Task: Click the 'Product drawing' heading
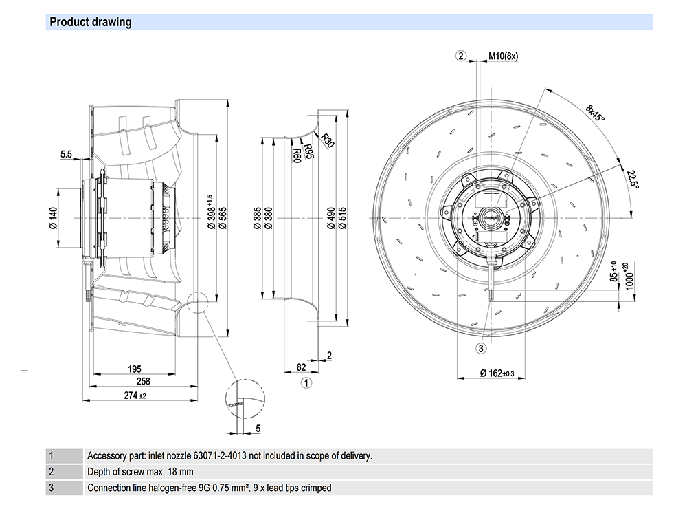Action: tap(91, 22)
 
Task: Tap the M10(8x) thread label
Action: tap(503, 56)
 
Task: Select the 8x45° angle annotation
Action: tap(595, 113)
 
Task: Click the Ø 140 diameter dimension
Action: tap(53, 217)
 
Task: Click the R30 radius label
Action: tap(327, 140)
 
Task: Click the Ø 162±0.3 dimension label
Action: tap(497, 373)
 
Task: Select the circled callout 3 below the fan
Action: tap(482, 349)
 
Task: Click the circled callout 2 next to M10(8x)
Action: tap(462, 56)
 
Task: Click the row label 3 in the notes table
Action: tap(51, 488)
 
